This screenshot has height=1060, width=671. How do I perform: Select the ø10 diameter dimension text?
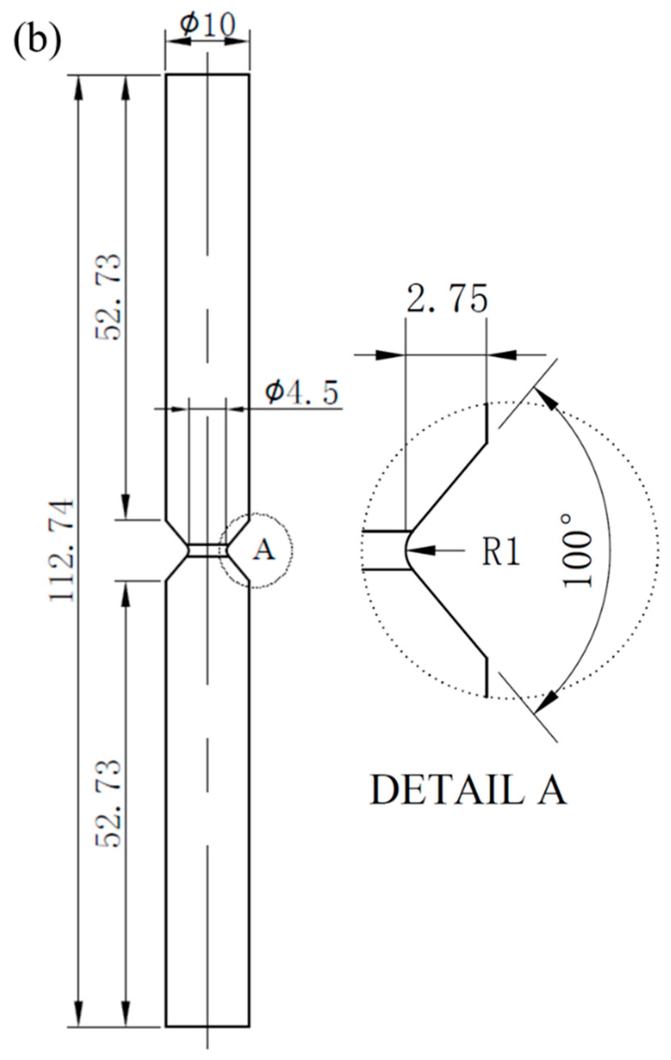207,26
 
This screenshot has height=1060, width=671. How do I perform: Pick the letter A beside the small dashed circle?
264,550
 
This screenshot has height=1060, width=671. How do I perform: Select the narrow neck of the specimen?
208,551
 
